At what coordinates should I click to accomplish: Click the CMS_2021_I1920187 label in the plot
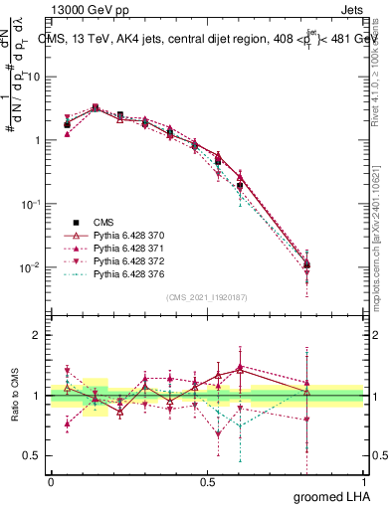(207, 297)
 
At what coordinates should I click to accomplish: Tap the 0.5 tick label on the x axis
(207, 480)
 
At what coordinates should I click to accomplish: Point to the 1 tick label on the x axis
(363, 480)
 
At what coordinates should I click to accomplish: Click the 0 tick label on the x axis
(51, 480)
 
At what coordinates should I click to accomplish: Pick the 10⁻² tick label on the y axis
(33, 267)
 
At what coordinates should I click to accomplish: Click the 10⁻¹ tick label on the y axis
(33, 204)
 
